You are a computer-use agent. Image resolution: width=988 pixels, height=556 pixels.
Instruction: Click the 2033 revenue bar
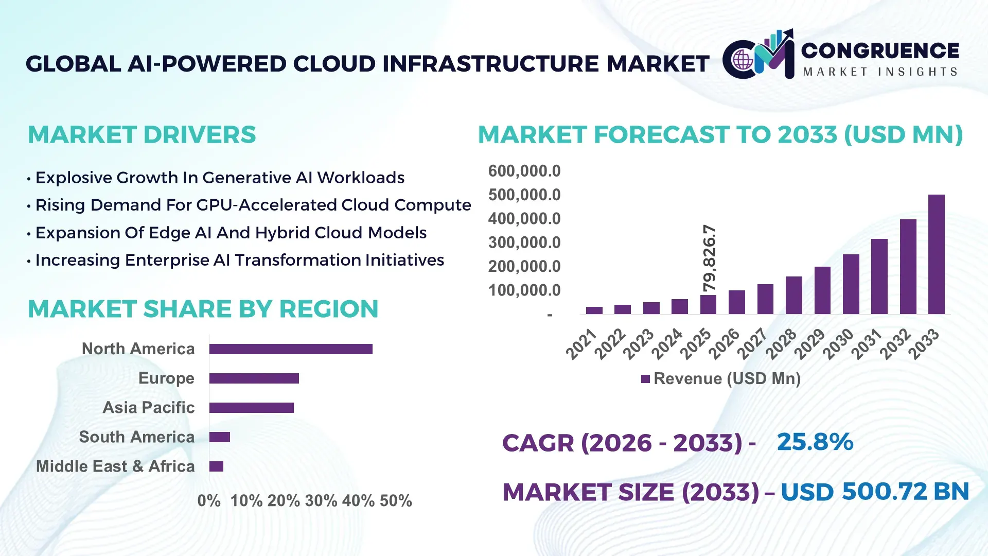(x=936, y=254)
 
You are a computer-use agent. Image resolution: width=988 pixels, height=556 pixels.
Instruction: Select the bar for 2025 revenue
(x=708, y=304)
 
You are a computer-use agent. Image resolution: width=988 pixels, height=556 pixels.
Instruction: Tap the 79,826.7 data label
(x=710, y=258)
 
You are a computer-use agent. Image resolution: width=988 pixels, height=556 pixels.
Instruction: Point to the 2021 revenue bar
(x=594, y=310)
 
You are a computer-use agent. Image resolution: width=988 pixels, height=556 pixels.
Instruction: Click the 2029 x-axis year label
(x=810, y=344)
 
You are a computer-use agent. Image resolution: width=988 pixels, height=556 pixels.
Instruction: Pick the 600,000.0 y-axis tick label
(x=524, y=171)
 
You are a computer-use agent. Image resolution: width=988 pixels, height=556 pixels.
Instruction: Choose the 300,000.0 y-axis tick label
(x=524, y=242)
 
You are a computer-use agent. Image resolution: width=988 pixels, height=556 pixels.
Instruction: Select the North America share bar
(x=291, y=349)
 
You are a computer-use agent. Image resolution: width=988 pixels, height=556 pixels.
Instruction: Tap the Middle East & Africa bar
(x=216, y=466)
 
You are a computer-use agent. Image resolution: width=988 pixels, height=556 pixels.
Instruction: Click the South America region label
(x=136, y=437)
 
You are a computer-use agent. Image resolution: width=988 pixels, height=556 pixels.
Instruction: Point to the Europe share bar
(x=254, y=378)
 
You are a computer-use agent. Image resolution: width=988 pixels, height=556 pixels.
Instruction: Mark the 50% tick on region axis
(x=396, y=500)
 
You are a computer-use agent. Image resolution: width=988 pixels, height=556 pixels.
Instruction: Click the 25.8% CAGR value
(x=815, y=442)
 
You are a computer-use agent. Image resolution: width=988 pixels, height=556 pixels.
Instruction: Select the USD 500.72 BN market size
(x=874, y=492)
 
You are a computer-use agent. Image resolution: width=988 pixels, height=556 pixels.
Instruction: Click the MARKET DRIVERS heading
(x=142, y=135)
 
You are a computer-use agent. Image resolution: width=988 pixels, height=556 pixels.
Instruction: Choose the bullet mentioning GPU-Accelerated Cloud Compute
(x=253, y=205)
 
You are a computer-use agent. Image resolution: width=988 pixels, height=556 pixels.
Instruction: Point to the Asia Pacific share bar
(x=251, y=408)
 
